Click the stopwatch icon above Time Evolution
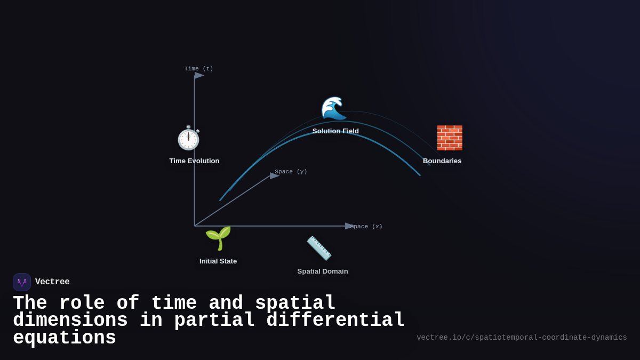coord(188,138)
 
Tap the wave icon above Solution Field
coord(334,109)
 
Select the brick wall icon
coord(450,138)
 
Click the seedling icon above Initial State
coord(218,238)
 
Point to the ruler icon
coord(319,248)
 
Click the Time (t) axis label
coord(199,69)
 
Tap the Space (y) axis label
coord(291,172)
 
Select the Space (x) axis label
coord(366,227)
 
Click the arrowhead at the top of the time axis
coord(199,75)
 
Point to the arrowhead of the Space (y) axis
coord(275,175)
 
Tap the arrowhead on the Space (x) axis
coord(350,226)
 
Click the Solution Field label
coord(335,131)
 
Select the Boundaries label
coord(442,161)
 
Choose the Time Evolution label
coord(194,161)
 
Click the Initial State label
coord(218,261)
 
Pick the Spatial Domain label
coord(323,271)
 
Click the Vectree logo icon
coord(22,282)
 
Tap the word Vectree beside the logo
coord(52,282)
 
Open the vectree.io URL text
coord(522,338)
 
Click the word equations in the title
coord(65,338)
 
